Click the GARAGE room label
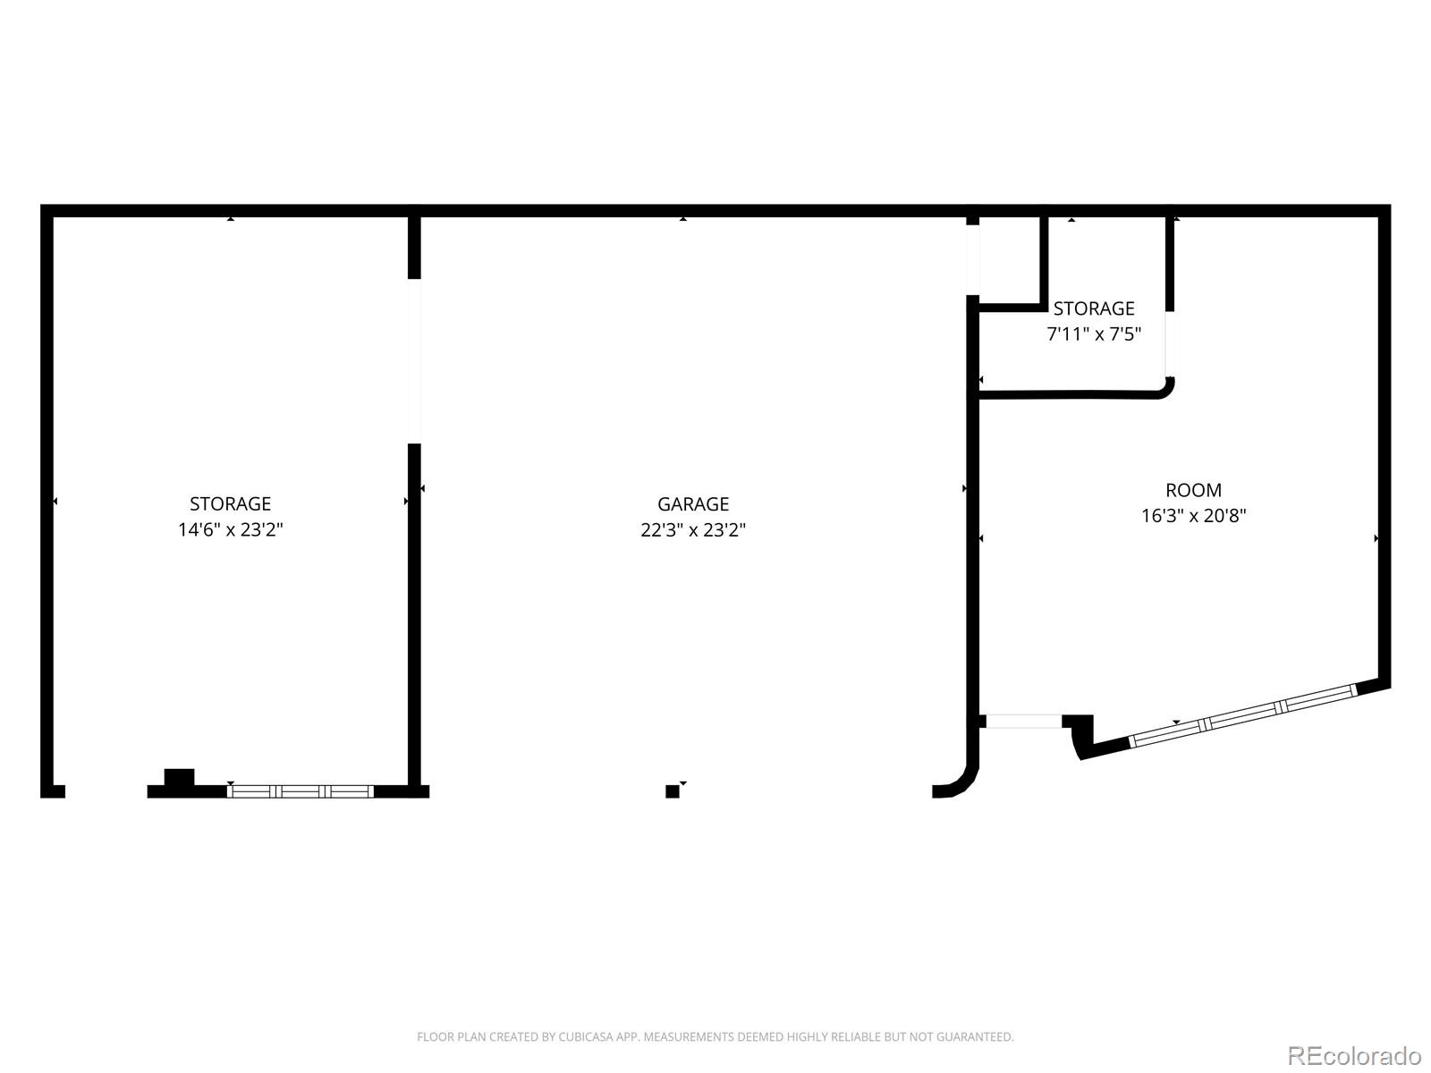[x=693, y=503]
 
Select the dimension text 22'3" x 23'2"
[x=693, y=529]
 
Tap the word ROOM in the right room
[x=1193, y=490]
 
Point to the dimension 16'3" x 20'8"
[x=1193, y=516]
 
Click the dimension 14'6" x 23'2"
[x=230, y=529]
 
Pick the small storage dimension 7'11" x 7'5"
[x=1094, y=334]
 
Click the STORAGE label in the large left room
[x=230, y=503]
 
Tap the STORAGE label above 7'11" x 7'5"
[x=1094, y=308]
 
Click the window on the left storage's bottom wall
[x=301, y=791]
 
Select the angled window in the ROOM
[x=1243, y=714]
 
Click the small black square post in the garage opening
[x=673, y=791]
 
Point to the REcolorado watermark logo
[x=1354, y=1056]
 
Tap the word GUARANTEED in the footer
[x=977, y=1037]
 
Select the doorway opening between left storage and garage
[x=414, y=361]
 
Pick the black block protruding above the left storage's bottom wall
[x=179, y=778]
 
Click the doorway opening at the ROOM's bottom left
[x=1023, y=722]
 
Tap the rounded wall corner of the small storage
[x=1165, y=389]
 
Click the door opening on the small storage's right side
[x=1170, y=343]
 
